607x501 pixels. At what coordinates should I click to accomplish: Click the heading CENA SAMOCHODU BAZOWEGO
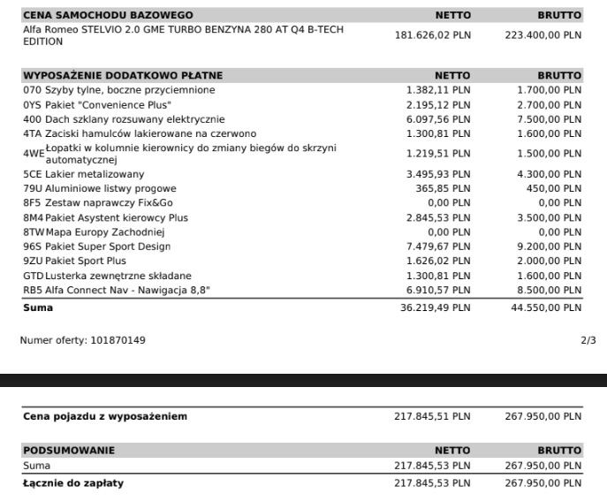pos(108,15)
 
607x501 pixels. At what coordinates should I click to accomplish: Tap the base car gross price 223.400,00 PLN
pos(543,35)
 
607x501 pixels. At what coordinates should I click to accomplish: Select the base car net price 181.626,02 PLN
pos(432,35)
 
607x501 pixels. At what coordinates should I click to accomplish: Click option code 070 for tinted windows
pos(32,90)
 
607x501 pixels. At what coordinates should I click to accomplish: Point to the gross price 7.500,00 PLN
pos(550,119)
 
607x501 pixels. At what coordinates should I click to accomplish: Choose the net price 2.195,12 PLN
pos(439,104)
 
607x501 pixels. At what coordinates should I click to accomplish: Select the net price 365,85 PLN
pos(444,189)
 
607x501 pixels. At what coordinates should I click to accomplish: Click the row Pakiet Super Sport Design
pos(107,247)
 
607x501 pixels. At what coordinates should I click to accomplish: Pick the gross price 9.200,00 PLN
pos(550,247)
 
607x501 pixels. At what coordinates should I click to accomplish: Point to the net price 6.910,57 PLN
pos(439,290)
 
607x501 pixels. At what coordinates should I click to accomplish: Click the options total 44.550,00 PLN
pos(546,307)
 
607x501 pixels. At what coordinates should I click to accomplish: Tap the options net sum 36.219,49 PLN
pos(436,307)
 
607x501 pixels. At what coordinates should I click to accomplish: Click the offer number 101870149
pos(118,339)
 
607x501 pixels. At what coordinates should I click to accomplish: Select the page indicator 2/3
pos(588,339)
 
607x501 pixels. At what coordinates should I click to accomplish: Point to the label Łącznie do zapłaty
pos(73,482)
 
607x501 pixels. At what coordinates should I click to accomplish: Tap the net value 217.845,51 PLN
pos(432,416)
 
